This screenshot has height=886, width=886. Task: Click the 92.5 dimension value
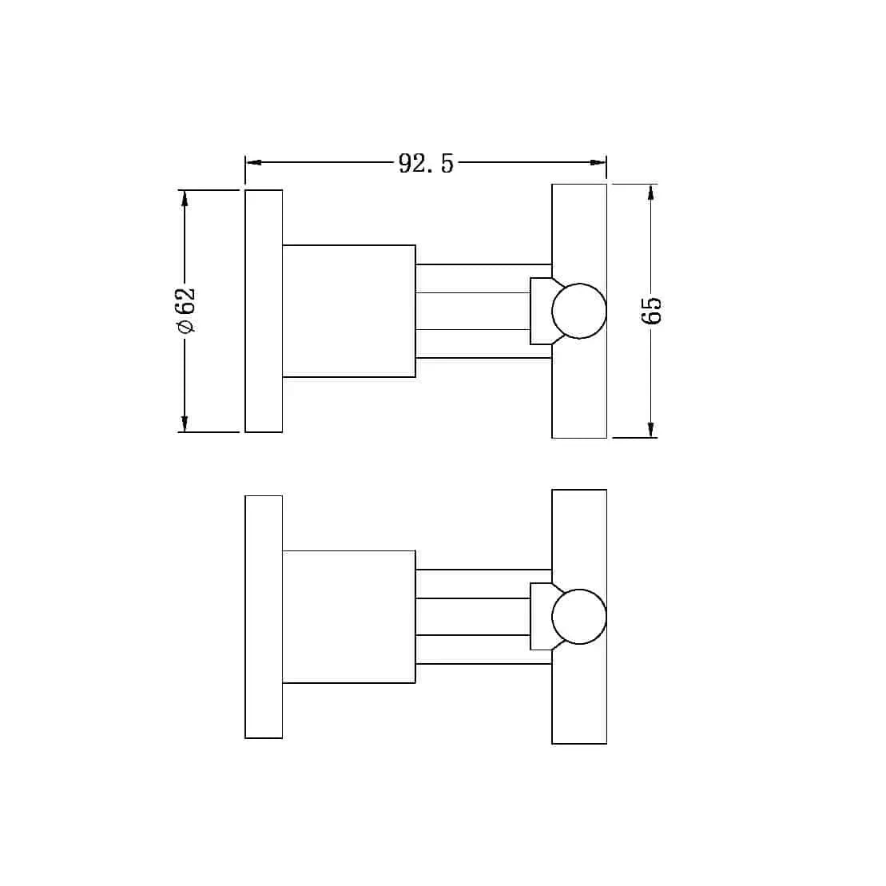tap(426, 163)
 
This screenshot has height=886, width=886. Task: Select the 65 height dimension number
tap(651, 310)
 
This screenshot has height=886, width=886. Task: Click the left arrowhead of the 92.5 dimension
tap(254, 163)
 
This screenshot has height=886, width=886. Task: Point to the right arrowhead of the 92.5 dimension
tap(598, 163)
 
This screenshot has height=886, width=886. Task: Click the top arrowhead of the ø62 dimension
tap(184, 198)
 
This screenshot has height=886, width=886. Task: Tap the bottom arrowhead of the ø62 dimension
tap(184, 423)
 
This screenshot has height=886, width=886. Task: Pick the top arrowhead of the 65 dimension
tap(651, 193)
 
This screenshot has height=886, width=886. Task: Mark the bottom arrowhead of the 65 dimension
tap(651, 430)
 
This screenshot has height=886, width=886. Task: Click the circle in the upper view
tap(579, 284)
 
